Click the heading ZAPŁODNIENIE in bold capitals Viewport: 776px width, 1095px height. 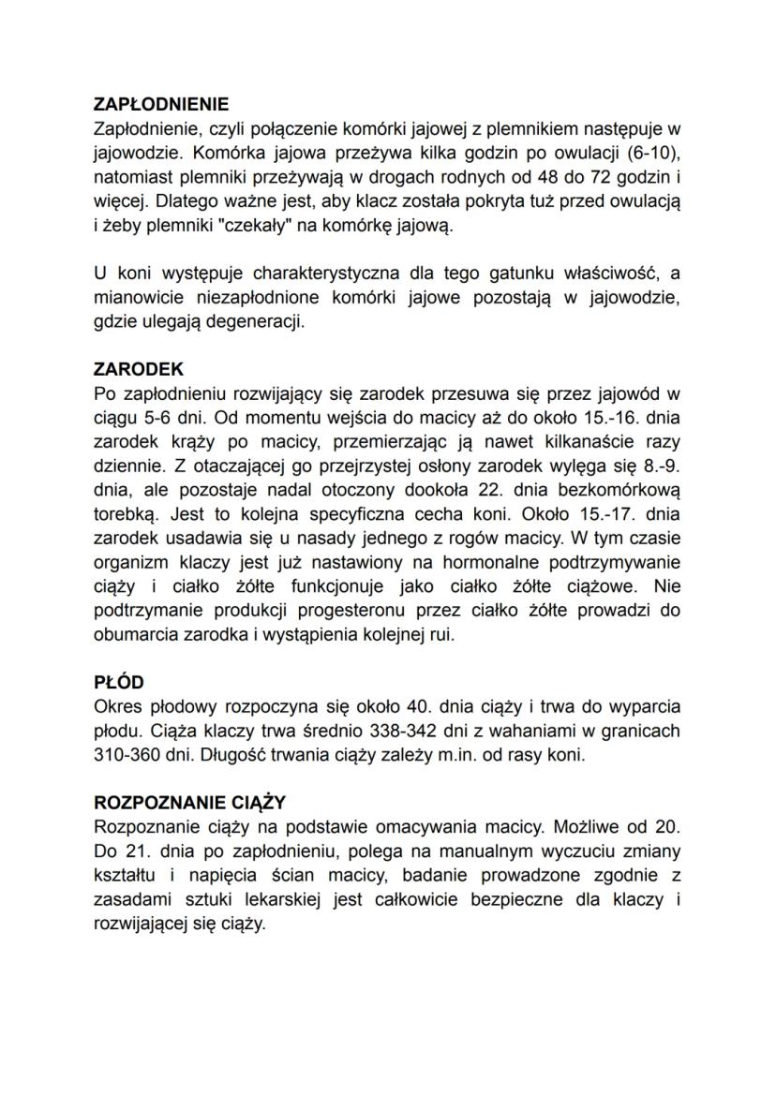161,104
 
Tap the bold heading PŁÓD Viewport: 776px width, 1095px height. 119,683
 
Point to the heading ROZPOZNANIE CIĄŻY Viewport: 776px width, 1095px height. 190,803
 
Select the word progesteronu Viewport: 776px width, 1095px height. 355,611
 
